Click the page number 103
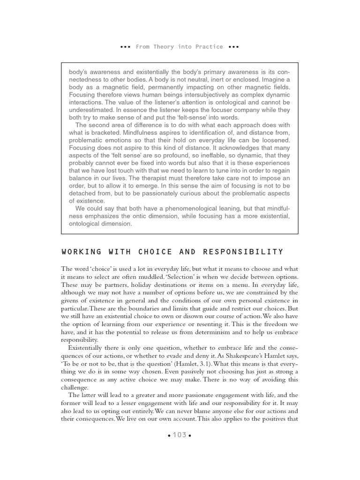180,435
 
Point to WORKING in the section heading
78,252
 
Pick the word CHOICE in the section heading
151,252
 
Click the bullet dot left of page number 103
169,435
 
